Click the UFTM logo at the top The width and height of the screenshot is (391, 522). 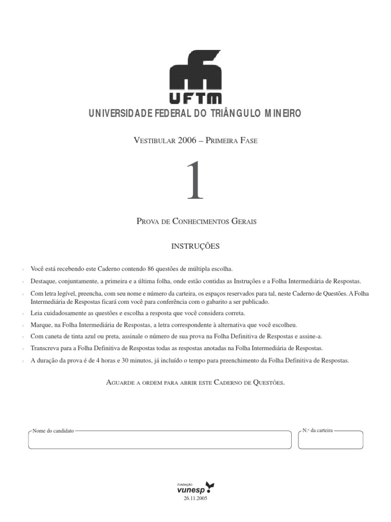[195, 77]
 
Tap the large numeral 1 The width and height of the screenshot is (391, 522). [195, 180]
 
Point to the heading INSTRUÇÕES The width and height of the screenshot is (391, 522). [195, 246]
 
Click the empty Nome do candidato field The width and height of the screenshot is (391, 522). [160, 440]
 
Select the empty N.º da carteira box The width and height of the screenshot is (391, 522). [330, 441]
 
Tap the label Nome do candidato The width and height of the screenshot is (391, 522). [53, 431]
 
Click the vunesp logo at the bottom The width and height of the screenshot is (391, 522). [195, 487]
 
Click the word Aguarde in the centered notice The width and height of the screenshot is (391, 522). [120, 382]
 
